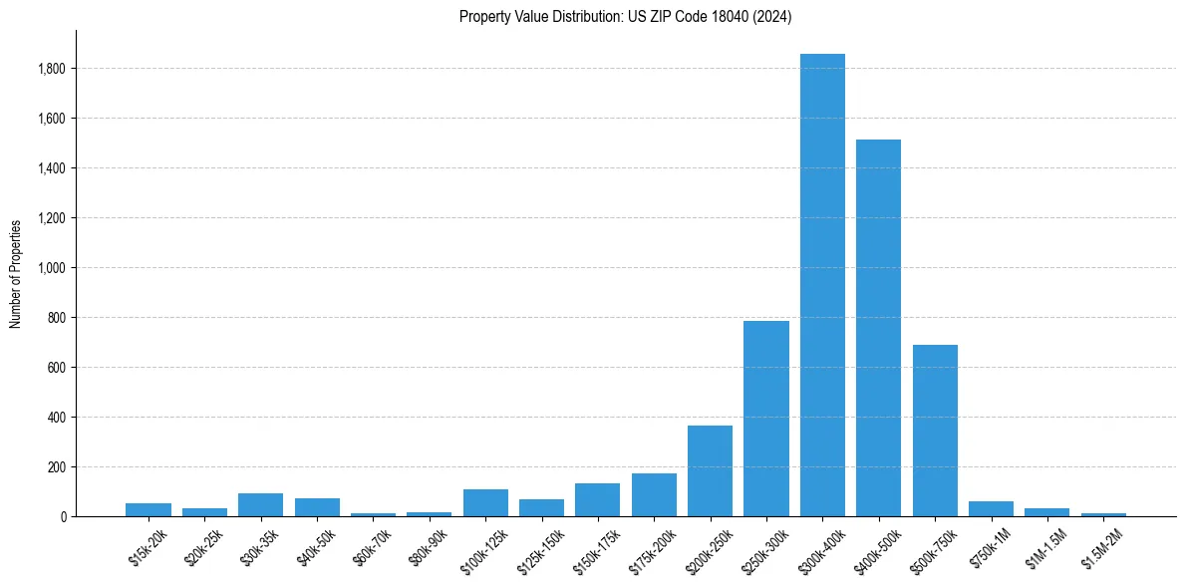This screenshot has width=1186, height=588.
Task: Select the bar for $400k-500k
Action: (x=878, y=328)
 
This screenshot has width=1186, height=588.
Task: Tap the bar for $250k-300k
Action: (x=765, y=419)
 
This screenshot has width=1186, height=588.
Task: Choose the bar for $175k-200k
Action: (x=654, y=494)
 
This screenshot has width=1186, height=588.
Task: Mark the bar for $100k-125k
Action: (x=485, y=502)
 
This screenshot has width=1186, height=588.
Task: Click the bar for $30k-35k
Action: (x=260, y=504)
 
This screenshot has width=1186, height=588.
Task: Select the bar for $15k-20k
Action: (x=148, y=509)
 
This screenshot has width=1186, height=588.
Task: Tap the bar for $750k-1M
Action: (x=991, y=508)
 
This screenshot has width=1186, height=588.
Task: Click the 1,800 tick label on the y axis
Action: (x=52, y=69)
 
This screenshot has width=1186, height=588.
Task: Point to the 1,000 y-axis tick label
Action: (x=52, y=268)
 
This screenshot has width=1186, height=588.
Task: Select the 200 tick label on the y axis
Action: (x=57, y=467)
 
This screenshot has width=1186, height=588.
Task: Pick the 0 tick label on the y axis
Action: (x=64, y=517)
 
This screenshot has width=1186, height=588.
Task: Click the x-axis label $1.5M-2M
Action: (x=1103, y=547)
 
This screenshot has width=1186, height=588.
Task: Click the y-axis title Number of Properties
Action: (x=15, y=273)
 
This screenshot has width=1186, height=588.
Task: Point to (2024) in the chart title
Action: (x=774, y=17)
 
